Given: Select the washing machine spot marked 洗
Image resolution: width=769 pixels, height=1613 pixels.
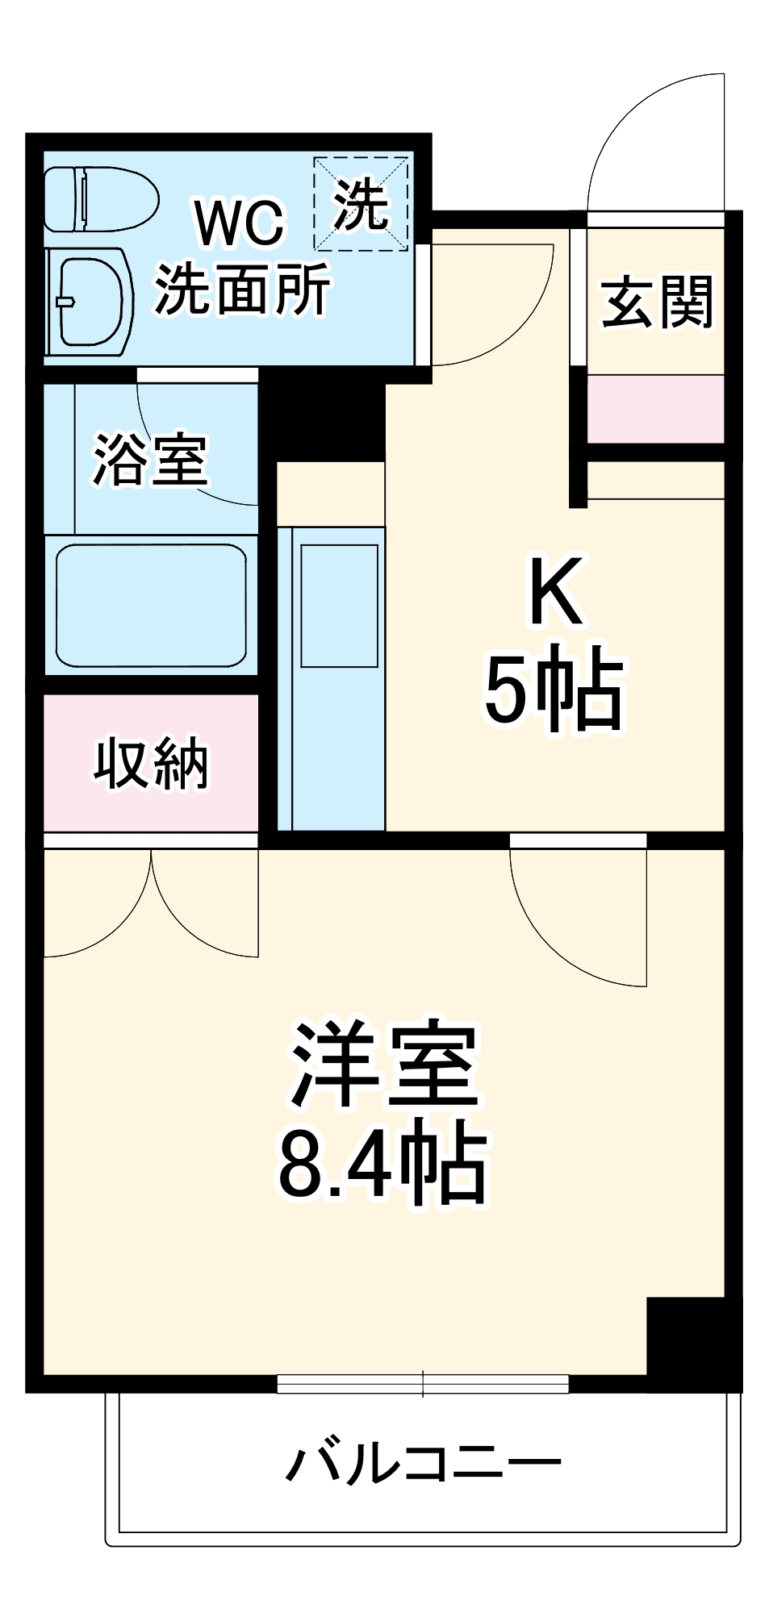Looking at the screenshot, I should coord(362,203).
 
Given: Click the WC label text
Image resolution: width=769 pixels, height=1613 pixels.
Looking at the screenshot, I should coord(240,223).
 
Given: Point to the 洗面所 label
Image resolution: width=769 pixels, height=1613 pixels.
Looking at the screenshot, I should coord(242,289).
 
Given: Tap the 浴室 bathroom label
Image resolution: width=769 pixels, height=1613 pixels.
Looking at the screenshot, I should coord(151,460).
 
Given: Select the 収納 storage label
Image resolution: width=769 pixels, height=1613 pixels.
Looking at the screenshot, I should coord(151,762).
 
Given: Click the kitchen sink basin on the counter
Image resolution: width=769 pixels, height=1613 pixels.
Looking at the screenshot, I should coord(339,606).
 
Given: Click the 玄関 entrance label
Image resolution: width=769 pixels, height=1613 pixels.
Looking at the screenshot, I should coord(657,302).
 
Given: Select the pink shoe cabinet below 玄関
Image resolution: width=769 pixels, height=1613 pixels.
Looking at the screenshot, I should coord(655,409).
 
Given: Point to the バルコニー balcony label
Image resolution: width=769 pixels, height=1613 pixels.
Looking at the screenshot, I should coord(424,1462).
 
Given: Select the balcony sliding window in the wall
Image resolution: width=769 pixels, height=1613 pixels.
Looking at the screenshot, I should coord(423,1384).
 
